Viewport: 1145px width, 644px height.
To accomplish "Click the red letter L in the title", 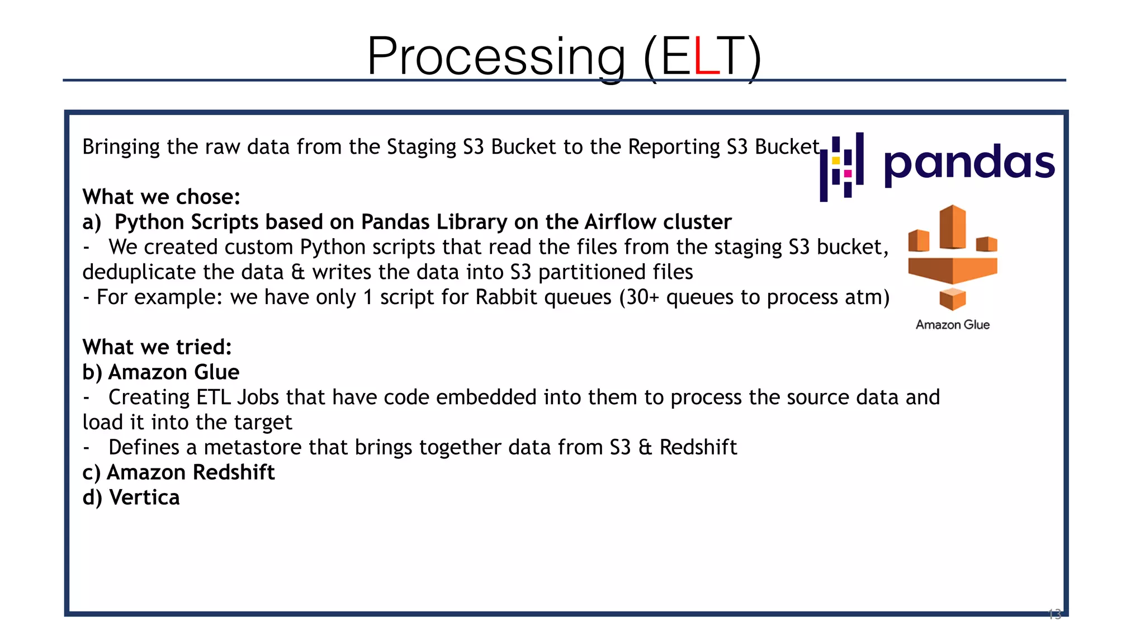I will coord(706,56).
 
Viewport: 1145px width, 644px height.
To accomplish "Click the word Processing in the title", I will coord(496,56).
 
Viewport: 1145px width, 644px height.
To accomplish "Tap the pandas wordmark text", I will coord(969,163).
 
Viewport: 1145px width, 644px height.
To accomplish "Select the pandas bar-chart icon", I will coord(841,167).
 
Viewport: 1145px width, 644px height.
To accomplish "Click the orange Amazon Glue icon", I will coord(953,258).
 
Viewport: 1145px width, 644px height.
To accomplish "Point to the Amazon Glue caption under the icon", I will coord(953,325).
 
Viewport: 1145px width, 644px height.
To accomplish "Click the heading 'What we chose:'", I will coord(161,197).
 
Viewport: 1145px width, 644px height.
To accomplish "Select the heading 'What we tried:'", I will coord(157,347).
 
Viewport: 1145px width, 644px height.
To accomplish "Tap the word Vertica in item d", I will coord(144,498).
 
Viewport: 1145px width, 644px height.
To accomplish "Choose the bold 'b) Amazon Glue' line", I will coord(161,372).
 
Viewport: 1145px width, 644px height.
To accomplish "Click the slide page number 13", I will coord(1054,614).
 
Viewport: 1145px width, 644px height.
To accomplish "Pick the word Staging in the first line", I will coord(422,147).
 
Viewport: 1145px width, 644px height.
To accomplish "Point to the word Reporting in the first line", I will coord(674,147).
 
